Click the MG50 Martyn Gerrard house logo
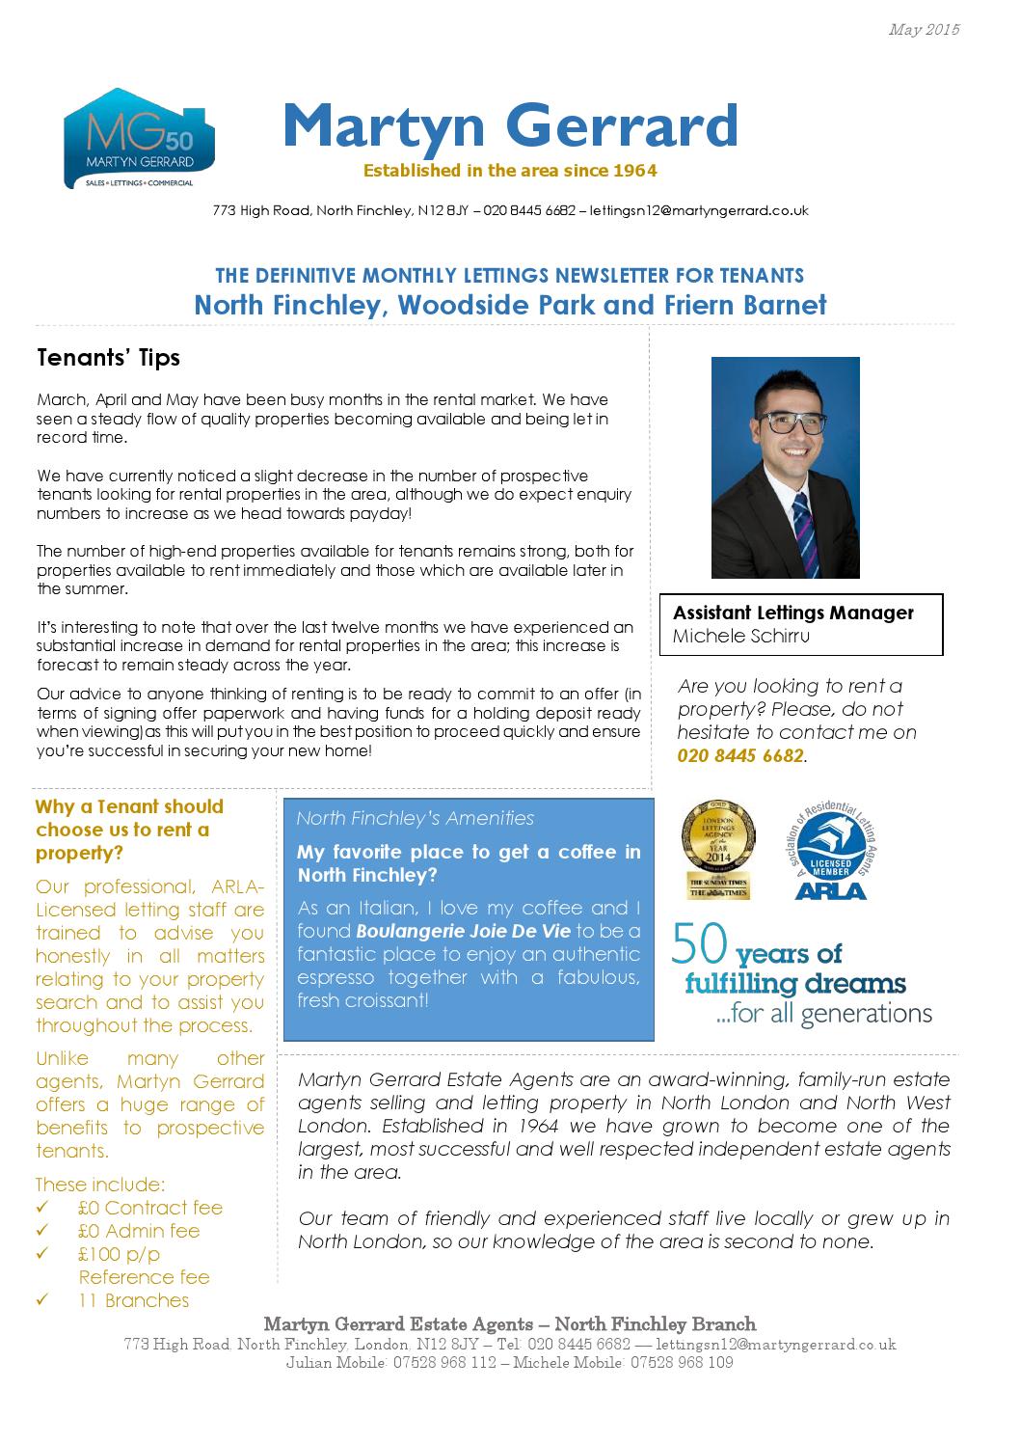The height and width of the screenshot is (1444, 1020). tap(139, 140)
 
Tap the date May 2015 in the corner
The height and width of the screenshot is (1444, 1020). tap(924, 30)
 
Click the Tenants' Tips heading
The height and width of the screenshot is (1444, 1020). tap(108, 358)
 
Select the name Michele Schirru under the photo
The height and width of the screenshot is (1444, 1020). tap(740, 636)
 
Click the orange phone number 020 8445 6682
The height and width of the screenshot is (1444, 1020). tap(739, 755)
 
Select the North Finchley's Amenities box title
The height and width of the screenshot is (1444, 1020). tap(415, 818)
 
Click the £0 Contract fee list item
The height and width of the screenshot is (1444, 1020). tap(150, 1208)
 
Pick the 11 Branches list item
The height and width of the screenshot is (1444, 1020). tap(134, 1300)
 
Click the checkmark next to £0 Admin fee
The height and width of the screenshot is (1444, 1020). tap(42, 1232)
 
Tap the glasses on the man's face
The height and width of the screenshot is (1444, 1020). tap(792, 422)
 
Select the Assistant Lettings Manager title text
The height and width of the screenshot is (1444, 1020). tap(792, 613)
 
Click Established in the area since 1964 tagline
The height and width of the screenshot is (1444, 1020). tap(509, 171)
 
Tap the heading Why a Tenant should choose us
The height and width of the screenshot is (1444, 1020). tap(129, 830)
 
